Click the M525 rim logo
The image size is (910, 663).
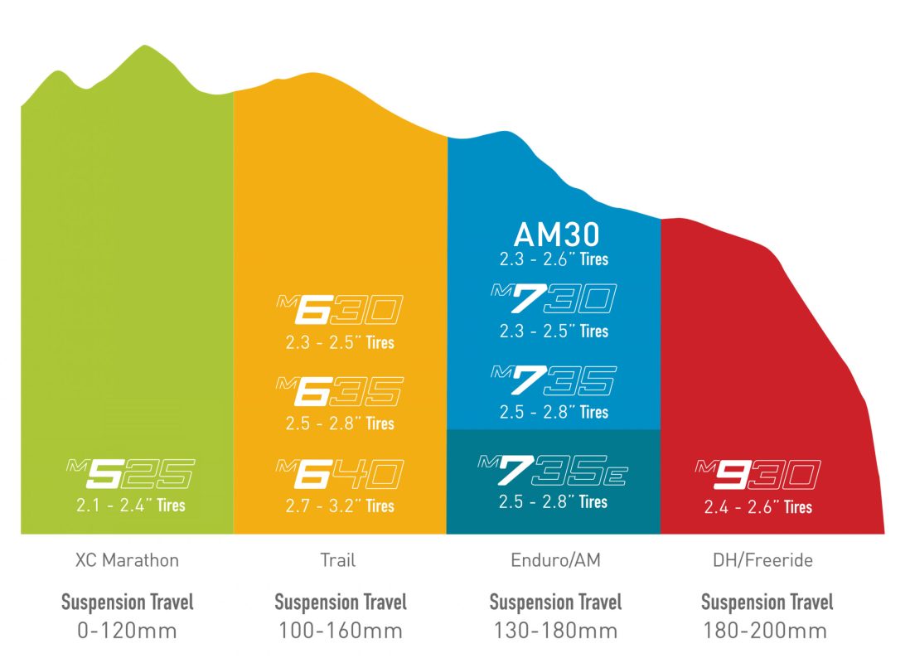tap(129, 475)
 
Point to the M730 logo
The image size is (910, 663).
tap(554, 300)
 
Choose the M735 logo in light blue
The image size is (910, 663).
tap(554, 381)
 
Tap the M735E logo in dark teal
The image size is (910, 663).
tap(554, 471)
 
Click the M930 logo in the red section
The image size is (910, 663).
tap(758, 476)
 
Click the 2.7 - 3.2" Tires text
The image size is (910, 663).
tap(340, 506)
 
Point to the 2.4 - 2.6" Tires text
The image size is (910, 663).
tap(758, 506)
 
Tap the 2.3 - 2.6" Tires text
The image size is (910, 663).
tap(554, 259)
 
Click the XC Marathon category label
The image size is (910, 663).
tap(126, 560)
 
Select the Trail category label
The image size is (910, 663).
tap(338, 560)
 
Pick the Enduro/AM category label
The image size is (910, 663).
tap(554, 560)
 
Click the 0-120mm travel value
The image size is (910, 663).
tap(126, 631)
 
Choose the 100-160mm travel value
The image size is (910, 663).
tap(340, 631)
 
